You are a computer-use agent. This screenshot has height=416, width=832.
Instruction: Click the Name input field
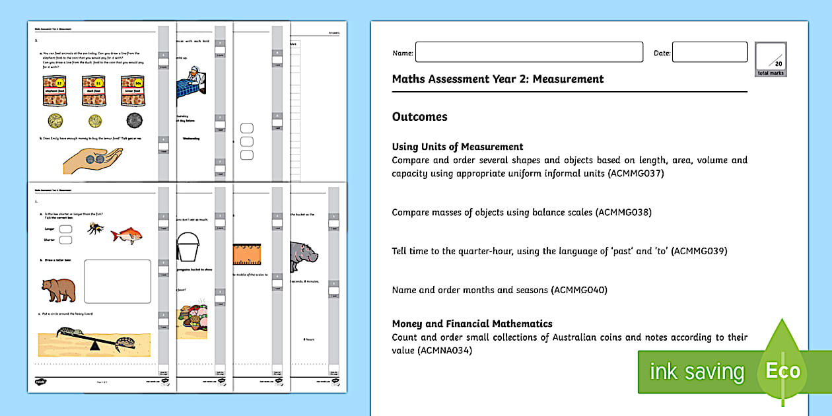528,52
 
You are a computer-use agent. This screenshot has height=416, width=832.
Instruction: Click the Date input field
709,52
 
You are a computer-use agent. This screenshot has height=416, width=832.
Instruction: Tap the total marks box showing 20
771,60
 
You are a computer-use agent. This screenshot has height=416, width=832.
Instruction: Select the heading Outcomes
419,117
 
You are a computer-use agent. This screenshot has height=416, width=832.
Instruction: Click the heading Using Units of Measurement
457,147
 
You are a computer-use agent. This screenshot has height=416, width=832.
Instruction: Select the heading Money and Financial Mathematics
471,324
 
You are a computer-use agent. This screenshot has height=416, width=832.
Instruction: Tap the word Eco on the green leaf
782,370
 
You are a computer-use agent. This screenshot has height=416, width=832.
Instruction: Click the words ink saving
696,372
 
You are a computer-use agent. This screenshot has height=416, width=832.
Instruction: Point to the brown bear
58,289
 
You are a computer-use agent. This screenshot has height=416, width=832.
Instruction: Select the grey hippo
303,252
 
